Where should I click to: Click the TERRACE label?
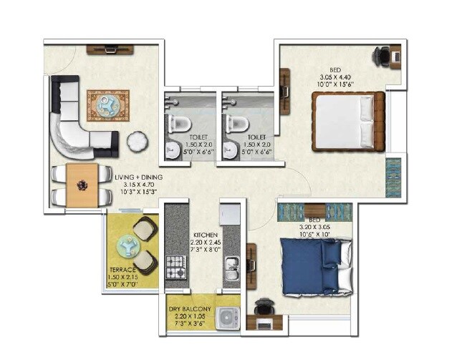tap(124, 271)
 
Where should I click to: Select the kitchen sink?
tap(231, 269)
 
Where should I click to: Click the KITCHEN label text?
tap(204, 235)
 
